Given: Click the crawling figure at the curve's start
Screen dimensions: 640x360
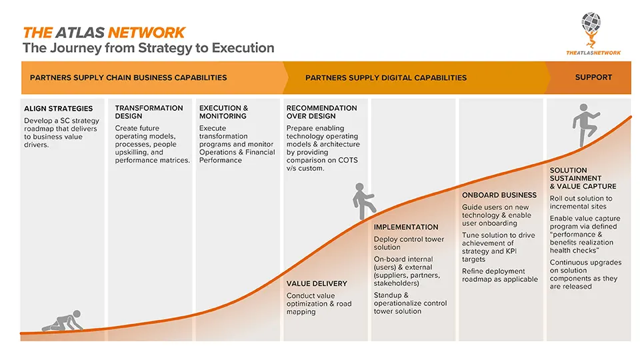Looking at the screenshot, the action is pyautogui.click(x=63, y=321).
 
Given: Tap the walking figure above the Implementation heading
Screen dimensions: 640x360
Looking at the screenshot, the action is pyautogui.click(x=363, y=201).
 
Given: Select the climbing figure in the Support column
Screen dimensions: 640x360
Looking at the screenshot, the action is pyautogui.click(x=585, y=125).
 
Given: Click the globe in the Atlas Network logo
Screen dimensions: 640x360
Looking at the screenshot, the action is pyautogui.click(x=591, y=23).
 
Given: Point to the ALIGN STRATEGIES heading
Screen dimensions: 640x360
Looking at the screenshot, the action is pyautogui.click(x=59, y=109).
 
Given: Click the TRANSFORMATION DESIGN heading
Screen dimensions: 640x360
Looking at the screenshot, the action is pyautogui.click(x=149, y=112).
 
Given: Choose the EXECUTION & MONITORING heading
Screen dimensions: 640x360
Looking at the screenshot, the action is pyautogui.click(x=224, y=112).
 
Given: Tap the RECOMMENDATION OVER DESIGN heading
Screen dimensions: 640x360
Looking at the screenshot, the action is pyautogui.click(x=321, y=112).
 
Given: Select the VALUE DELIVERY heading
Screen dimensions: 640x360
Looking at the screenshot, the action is pyautogui.click(x=317, y=284).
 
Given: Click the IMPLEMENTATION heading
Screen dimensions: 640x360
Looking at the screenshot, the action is pyautogui.click(x=406, y=227).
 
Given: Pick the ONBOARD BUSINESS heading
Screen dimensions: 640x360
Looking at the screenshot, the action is pyautogui.click(x=499, y=195).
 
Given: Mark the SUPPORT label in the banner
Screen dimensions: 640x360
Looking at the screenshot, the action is pyautogui.click(x=593, y=77).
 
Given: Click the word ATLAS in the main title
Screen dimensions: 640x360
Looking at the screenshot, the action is pyautogui.click(x=80, y=33).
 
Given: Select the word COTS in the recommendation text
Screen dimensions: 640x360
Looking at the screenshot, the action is pyautogui.click(x=348, y=160).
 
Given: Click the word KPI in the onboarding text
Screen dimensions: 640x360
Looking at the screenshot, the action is pyautogui.click(x=511, y=251).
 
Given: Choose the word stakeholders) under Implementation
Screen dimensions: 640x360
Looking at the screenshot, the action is pyautogui.click(x=396, y=283).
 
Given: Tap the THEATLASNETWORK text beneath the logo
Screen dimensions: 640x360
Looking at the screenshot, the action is pyautogui.click(x=593, y=53).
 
